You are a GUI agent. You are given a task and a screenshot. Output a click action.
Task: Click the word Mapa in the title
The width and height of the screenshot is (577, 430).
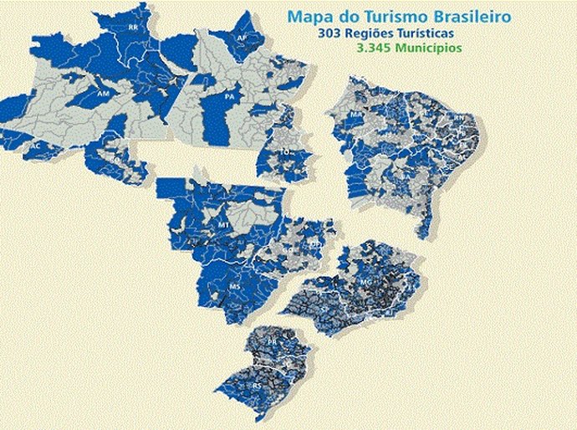[307, 16]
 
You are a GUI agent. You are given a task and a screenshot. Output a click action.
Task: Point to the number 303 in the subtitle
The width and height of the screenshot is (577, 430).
[345, 33]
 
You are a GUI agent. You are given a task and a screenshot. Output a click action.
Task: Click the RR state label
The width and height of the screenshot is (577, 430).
[133, 28]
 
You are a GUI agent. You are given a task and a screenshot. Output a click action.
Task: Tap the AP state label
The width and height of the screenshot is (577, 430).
[241, 38]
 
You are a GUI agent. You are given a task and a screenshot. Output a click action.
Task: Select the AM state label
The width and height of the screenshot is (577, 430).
[103, 94]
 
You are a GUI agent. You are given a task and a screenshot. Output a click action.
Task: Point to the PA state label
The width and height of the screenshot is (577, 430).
[227, 96]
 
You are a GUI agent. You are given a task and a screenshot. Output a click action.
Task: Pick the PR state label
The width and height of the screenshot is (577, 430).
[271, 343]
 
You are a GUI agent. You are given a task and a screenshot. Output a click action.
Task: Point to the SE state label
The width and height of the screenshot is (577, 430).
[450, 166]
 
